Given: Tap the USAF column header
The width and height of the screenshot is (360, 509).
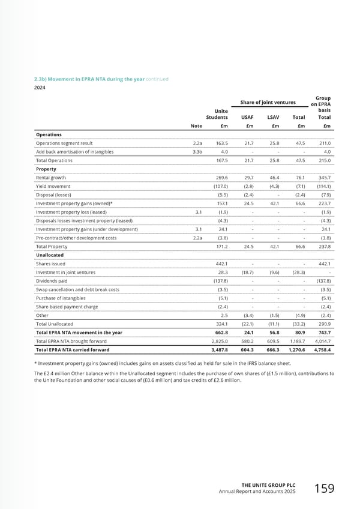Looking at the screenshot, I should click(x=247, y=118).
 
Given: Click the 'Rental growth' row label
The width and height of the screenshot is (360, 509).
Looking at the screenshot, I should click(x=51, y=178).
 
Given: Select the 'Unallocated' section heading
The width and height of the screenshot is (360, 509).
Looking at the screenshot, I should click(x=50, y=254).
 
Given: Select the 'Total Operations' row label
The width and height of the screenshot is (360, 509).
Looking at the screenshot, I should click(x=55, y=161).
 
